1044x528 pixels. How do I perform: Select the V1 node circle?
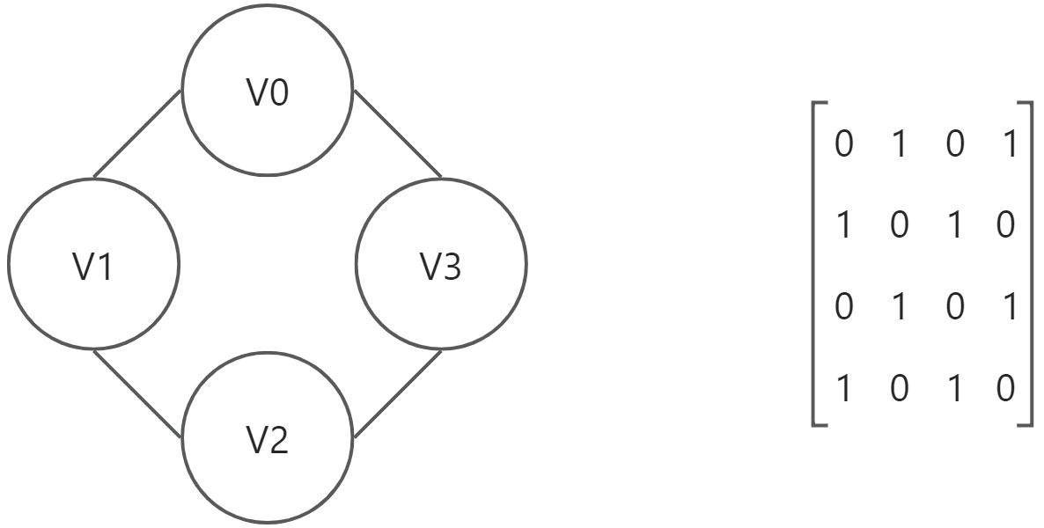[93, 263]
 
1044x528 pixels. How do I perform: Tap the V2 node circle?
[268, 437]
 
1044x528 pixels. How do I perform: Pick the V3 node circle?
[441, 263]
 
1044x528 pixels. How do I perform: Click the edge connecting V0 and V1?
[136, 133]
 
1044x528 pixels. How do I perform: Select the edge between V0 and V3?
[397, 133]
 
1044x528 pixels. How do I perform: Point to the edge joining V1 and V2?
[136, 393]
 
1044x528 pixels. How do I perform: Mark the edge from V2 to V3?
[397, 393]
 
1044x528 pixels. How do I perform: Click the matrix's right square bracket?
[1027, 264]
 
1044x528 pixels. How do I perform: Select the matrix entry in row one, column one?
[843, 143]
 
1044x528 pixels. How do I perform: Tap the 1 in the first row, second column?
[899, 143]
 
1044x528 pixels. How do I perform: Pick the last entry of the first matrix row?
[1009, 143]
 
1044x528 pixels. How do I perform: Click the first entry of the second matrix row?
[843, 224]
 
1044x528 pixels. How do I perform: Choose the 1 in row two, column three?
[954, 224]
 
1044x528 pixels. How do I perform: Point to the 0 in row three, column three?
[954, 306]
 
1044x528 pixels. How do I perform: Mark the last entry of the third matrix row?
[1009, 306]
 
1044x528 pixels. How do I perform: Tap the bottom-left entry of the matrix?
[843, 387]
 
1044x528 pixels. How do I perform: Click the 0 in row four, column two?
[899, 387]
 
